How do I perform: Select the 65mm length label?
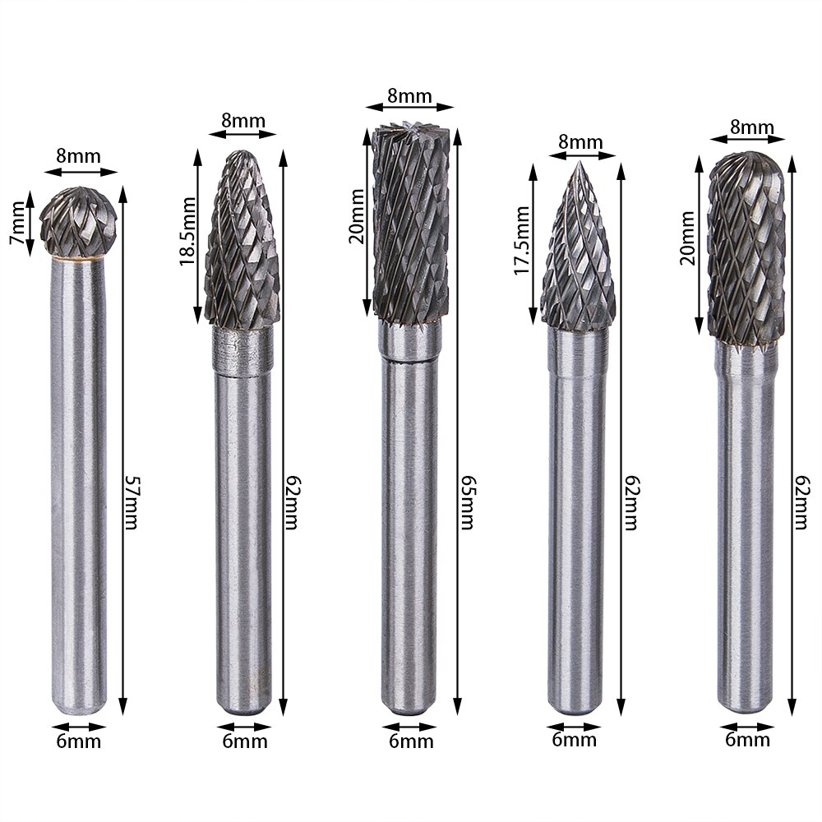point(465,502)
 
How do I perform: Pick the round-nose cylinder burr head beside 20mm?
point(746,247)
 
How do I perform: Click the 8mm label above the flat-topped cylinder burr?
point(409,95)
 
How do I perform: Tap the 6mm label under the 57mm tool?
point(80,741)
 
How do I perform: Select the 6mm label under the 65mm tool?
point(410,741)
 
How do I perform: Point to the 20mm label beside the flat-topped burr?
point(356,222)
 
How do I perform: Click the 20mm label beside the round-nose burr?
point(688,238)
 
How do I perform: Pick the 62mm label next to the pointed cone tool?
point(630,502)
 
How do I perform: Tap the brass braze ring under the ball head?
point(79,259)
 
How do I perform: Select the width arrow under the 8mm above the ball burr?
point(80,172)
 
